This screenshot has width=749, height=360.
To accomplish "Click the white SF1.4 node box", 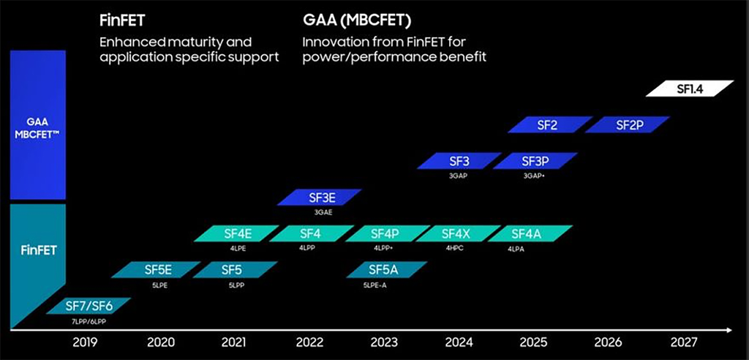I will coord(690,89).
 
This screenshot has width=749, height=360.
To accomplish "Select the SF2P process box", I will coord(628,125).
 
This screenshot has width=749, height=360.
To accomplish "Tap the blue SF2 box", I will coord(548,125).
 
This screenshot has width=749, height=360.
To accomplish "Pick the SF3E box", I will coord(320,197).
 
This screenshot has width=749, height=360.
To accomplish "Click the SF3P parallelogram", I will coord(535,161).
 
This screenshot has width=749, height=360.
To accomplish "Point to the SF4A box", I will coord(530,234).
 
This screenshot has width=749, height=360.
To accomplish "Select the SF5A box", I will coord(383,270).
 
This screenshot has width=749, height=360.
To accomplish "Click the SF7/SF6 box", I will coord(89,305).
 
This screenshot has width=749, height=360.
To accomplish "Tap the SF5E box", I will coord(157,270).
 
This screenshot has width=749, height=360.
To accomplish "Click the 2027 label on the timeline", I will coord(682,342).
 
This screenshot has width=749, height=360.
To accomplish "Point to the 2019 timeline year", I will coord(86,342).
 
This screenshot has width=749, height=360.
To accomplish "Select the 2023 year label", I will coord(384,342).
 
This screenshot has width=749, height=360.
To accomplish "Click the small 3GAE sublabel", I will coord(322,212).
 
